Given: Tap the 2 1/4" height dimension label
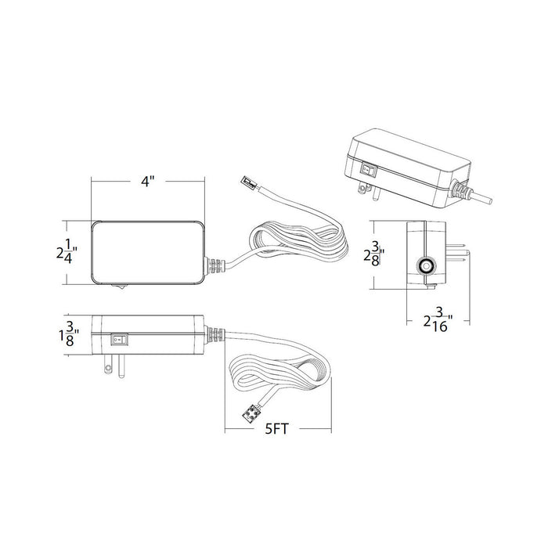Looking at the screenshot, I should (x=67, y=252).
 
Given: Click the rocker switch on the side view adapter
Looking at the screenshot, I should (x=119, y=339).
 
